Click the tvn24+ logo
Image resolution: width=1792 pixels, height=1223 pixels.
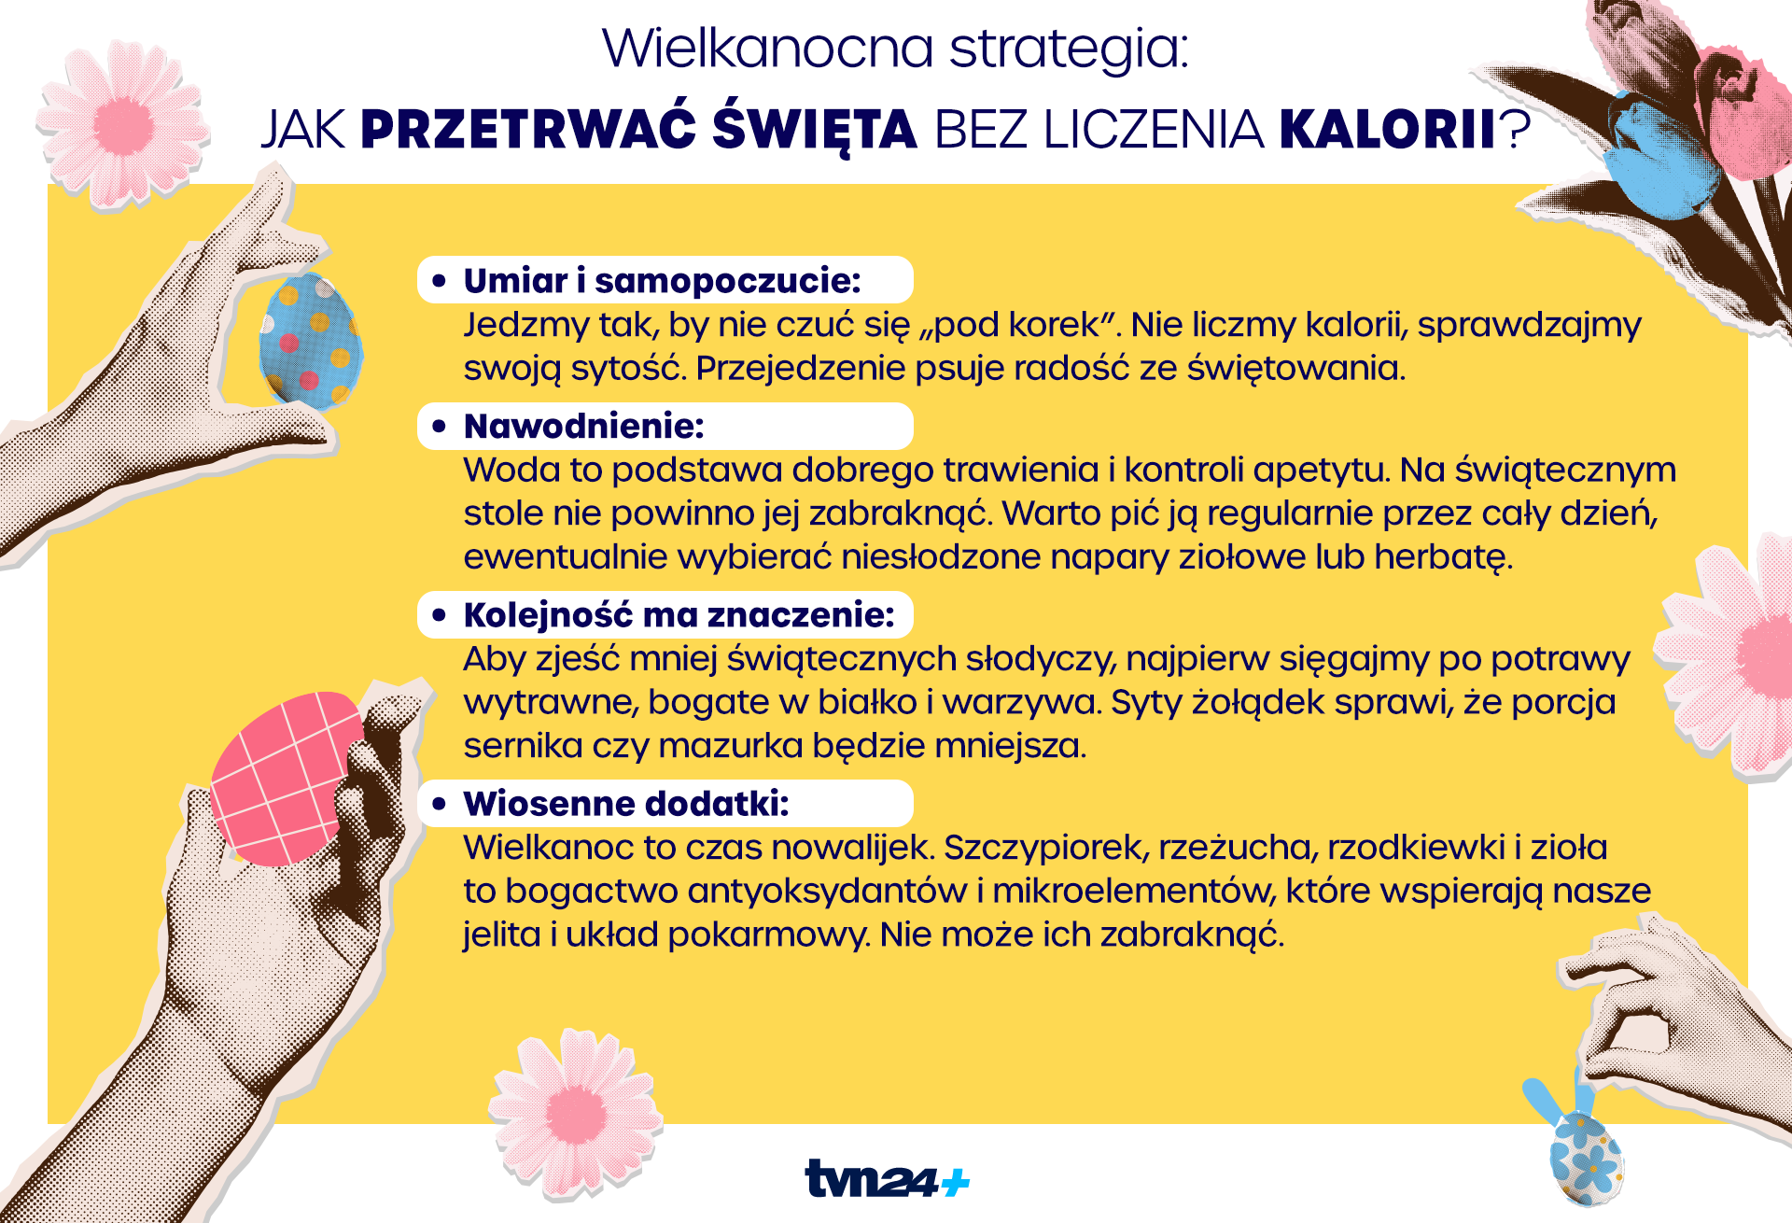click(887, 1178)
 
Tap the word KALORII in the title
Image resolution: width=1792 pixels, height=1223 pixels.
click(1388, 130)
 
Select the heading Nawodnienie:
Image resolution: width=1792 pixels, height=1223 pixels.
click(583, 427)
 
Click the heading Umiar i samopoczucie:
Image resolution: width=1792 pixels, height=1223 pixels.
click(662, 280)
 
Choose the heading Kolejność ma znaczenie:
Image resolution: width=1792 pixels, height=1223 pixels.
click(679, 615)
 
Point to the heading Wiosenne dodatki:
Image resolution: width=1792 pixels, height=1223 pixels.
click(625, 804)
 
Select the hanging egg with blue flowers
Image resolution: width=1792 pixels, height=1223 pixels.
click(1586, 1158)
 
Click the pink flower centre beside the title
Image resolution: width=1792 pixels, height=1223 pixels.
click(123, 124)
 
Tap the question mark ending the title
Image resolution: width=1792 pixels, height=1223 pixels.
click(1516, 130)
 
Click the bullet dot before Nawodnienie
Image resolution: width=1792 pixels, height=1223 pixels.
click(439, 427)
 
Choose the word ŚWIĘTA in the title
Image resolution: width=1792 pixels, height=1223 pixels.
click(815, 130)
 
